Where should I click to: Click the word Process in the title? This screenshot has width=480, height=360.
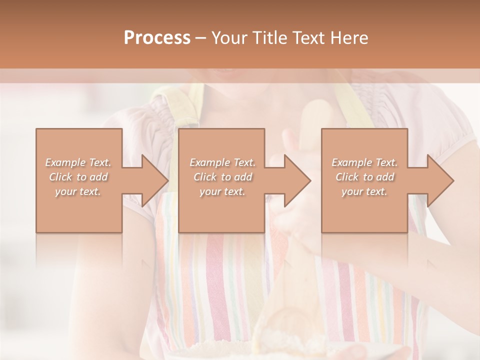pyautogui.click(x=157, y=38)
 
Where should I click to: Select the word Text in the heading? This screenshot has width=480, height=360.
pyautogui.click(x=307, y=38)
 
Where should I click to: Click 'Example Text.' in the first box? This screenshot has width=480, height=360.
pyautogui.click(x=78, y=162)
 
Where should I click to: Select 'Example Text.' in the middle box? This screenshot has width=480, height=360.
pyautogui.click(x=222, y=162)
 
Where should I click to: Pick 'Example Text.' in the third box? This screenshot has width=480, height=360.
pyautogui.click(x=364, y=162)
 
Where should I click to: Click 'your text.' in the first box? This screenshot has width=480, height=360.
pyautogui.click(x=78, y=191)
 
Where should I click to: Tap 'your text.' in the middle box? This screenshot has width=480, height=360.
pyautogui.click(x=222, y=191)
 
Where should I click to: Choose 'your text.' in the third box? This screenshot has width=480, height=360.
pyautogui.click(x=364, y=191)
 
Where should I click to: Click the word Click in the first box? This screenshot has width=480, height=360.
pyautogui.click(x=61, y=177)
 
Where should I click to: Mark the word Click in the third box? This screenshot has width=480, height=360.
pyautogui.click(x=347, y=177)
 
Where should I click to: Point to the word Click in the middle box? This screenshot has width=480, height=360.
pyautogui.click(x=205, y=177)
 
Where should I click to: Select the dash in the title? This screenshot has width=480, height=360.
pyautogui.click(x=201, y=38)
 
